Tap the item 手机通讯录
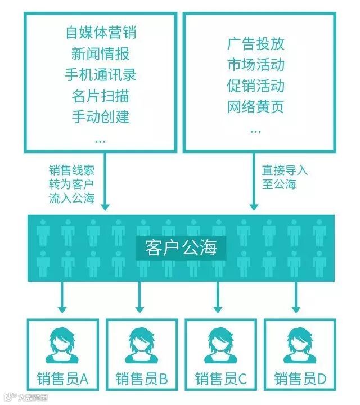click(x=101, y=74)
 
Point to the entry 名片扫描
click(x=101, y=96)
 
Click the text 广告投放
click(x=256, y=43)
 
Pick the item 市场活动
click(x=256, y=64)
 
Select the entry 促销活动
click(x=256, y=85)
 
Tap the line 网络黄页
click(x=256, y=107)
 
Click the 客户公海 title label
click(x=181, y=248)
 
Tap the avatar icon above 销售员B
click(x=141, y=345)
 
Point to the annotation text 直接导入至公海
click(x=285, y=177)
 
